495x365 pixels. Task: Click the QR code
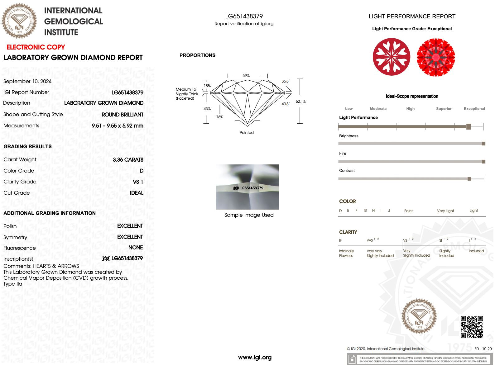pos(472,327)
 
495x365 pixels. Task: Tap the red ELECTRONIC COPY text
pos(36,47)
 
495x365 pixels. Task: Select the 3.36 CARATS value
pos(128,160)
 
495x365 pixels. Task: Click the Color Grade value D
pos(142,171)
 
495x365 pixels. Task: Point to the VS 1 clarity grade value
pos(138,182)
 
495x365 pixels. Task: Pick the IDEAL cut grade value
pos(137,193)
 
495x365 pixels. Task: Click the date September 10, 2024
pos(27,81)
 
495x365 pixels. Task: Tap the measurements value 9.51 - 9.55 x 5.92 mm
pos(117,126)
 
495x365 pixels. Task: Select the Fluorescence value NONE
pos(136,248)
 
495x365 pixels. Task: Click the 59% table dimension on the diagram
pos(246,76)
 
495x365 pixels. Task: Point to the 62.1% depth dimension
pos(300,102)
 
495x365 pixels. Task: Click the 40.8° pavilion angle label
pos(285,104)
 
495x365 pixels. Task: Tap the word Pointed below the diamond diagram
pos(247,133)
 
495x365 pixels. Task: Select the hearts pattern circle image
pos(392,57)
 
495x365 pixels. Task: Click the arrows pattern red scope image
pos(436,57)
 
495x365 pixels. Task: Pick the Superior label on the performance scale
pos(444,109)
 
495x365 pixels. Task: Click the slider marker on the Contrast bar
pos(469,179)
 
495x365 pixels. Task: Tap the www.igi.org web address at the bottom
pos(255,357)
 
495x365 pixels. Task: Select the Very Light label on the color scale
pos(445,211)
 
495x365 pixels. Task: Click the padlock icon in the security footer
pos(352,359)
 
